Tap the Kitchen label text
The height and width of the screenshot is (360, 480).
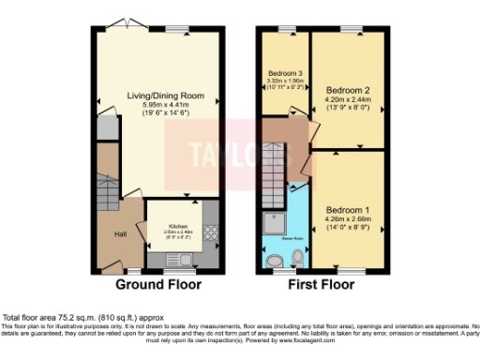(x=178, y=227)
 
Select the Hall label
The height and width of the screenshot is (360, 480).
(x=120, y=234)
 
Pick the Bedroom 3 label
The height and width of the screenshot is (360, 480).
(x=285, y=73)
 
